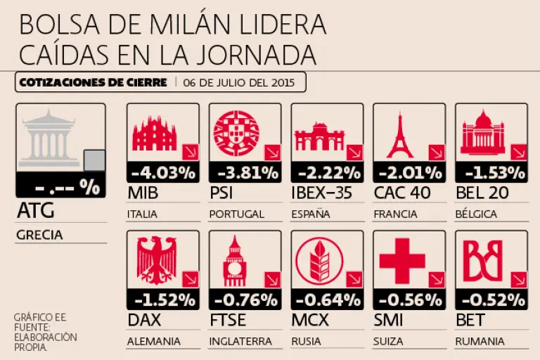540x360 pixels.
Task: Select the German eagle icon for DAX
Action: (154, 260)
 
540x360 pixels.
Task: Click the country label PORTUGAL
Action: (237, 214)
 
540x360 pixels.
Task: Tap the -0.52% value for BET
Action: (491, 300)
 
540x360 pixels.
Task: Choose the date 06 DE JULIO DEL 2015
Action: (242, 82)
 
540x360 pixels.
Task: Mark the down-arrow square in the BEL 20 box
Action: (518, 153)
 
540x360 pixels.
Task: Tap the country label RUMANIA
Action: (480, 342)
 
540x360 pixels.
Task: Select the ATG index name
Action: (34, 211)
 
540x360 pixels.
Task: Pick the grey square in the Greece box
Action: (94, 161)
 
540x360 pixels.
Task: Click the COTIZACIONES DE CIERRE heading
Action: (93, 82)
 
